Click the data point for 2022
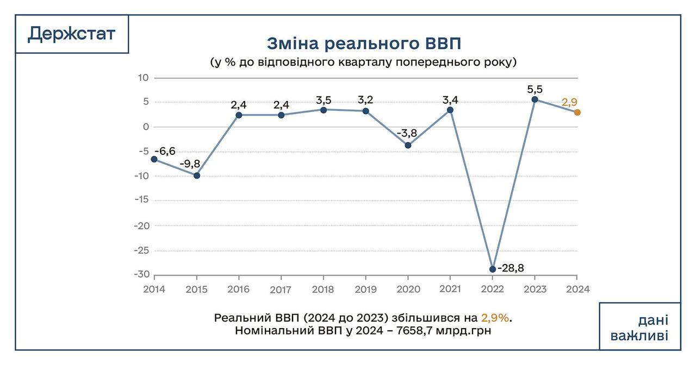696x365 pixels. click(x=493, y=269)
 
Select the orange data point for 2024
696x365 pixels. click(x=577, y=112)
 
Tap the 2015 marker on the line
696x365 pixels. click(x=197, y=175)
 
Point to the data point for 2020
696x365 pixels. click(x=408, y=145)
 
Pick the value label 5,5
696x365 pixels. click(x=535, y=89)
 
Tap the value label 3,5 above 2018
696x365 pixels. click(x=324, y=100)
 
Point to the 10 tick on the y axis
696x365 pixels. click(x=143, y=78)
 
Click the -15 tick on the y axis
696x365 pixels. click(x=141, y=200)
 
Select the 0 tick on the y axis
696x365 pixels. click(x=145, y=127)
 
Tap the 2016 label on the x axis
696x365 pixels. click(x=239, y=289)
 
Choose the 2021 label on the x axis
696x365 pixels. click(x=450, y=289)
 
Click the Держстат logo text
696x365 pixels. click(x=71, y=34)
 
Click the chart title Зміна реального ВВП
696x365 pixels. click(x=364, y=43)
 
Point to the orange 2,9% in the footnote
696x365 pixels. click(x=496, y=318)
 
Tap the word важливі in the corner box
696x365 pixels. click(x=639, y=336)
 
